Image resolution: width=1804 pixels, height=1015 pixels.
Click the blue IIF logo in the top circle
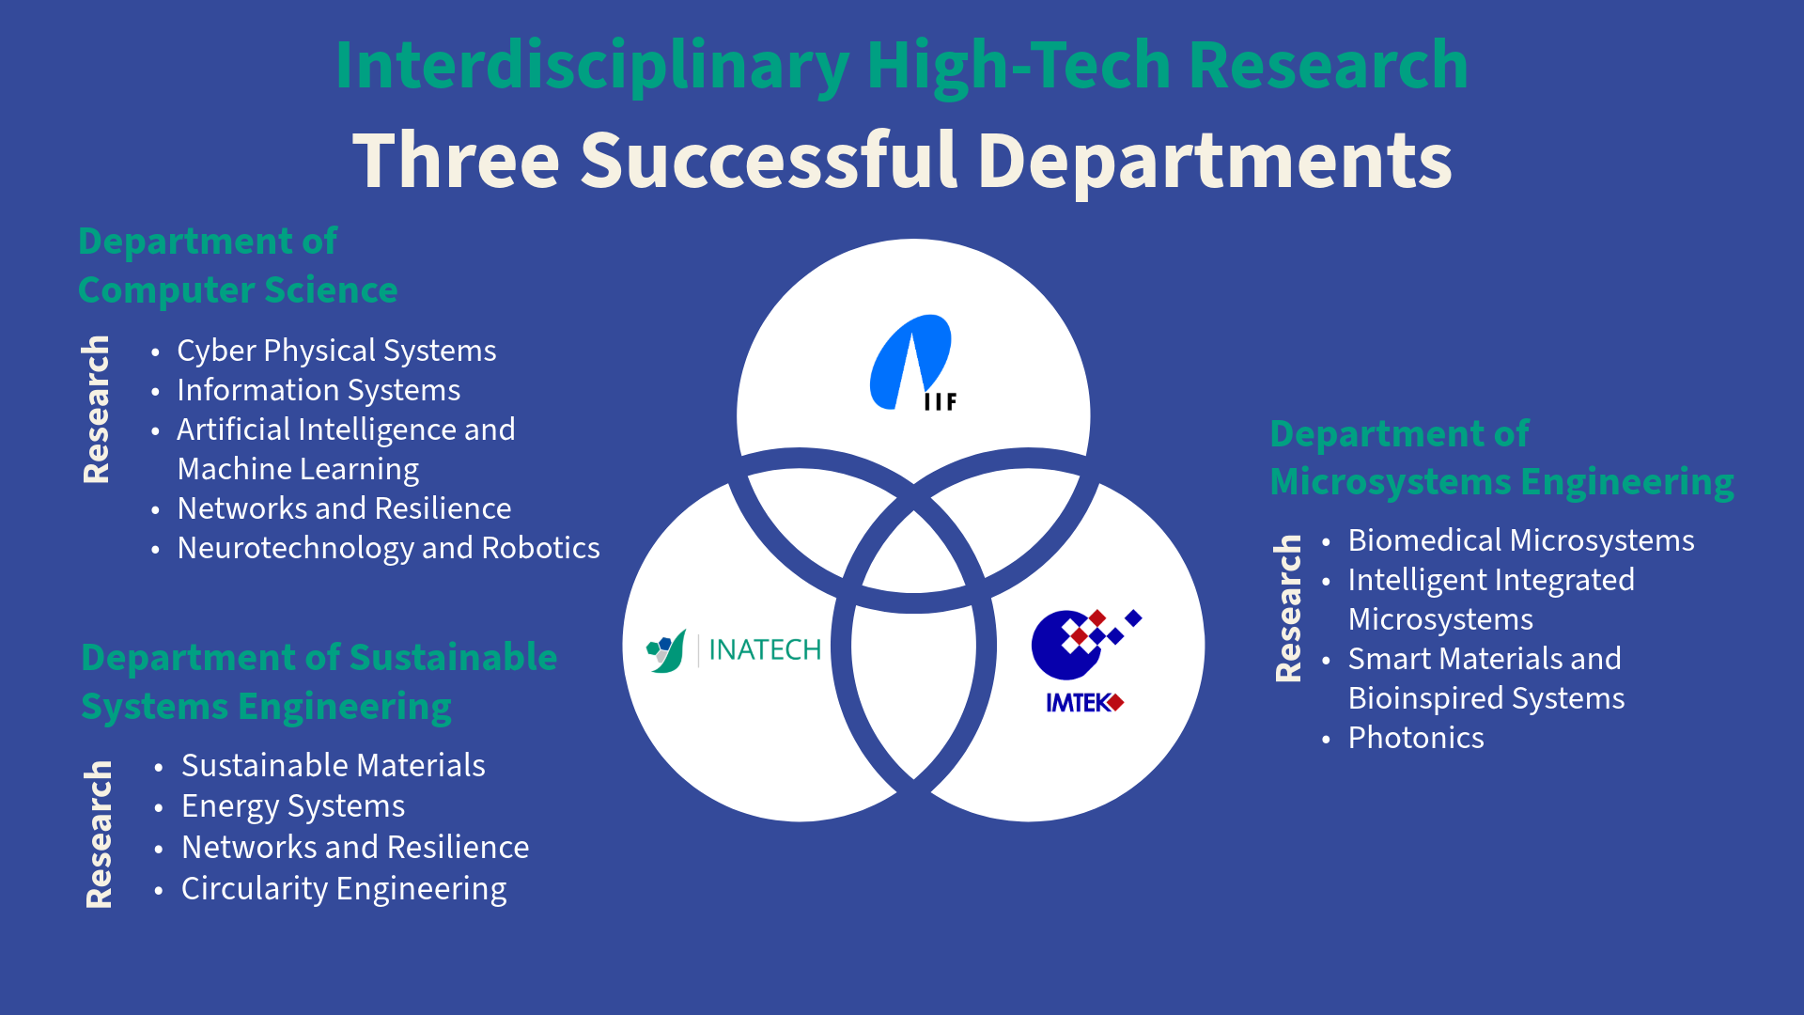912,363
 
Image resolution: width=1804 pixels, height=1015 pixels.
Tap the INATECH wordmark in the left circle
765,649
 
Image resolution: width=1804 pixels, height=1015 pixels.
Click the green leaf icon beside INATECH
666,650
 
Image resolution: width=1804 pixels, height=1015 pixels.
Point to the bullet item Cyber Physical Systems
336,351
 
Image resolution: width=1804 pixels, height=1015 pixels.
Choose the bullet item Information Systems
319,390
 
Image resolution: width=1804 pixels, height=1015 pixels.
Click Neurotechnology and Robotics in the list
388,548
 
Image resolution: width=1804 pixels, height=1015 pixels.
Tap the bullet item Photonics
1416,738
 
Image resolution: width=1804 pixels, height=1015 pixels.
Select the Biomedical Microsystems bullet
1521,540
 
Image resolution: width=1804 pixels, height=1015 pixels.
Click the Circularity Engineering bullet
344,889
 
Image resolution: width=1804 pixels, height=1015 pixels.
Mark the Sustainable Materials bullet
334,765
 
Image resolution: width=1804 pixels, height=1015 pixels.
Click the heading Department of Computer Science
238,266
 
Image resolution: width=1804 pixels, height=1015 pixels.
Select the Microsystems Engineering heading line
1501,482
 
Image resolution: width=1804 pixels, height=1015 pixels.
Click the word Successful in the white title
769,160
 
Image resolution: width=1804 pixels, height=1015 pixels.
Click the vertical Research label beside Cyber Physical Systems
96,410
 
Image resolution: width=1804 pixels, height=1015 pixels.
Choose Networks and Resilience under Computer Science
344,508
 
